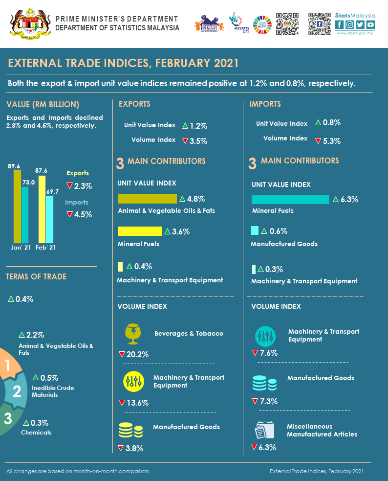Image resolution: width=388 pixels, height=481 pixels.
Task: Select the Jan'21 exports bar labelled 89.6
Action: (x=17, y=206)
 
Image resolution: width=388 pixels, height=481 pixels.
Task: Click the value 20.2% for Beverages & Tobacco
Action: (x=137, y=354)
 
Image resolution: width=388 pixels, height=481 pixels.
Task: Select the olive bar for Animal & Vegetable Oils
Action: (x=147, y=199)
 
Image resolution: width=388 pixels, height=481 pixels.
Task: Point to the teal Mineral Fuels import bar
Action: (x=290, y=199)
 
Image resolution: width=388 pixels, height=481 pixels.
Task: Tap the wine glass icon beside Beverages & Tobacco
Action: (x=132, y=333)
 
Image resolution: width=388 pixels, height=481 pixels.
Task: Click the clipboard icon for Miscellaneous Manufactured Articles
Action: (x=264, y=431)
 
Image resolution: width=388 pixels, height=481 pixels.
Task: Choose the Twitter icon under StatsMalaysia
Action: (x=361, y=24)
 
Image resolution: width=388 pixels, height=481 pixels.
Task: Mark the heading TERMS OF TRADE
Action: (x=36, y=276)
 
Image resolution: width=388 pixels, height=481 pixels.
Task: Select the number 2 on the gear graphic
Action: (x=17, y=391)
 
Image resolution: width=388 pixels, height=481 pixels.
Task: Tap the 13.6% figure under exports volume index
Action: (x=137, y=403)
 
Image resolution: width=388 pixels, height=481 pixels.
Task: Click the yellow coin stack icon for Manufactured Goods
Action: (x=131, y=430)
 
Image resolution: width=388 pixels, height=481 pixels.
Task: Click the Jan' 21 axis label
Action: (x=21, y=248)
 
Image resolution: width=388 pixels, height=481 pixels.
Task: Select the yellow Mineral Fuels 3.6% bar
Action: (x=140, y=231)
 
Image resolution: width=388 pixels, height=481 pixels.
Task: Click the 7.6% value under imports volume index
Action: (x=268, y=353)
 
